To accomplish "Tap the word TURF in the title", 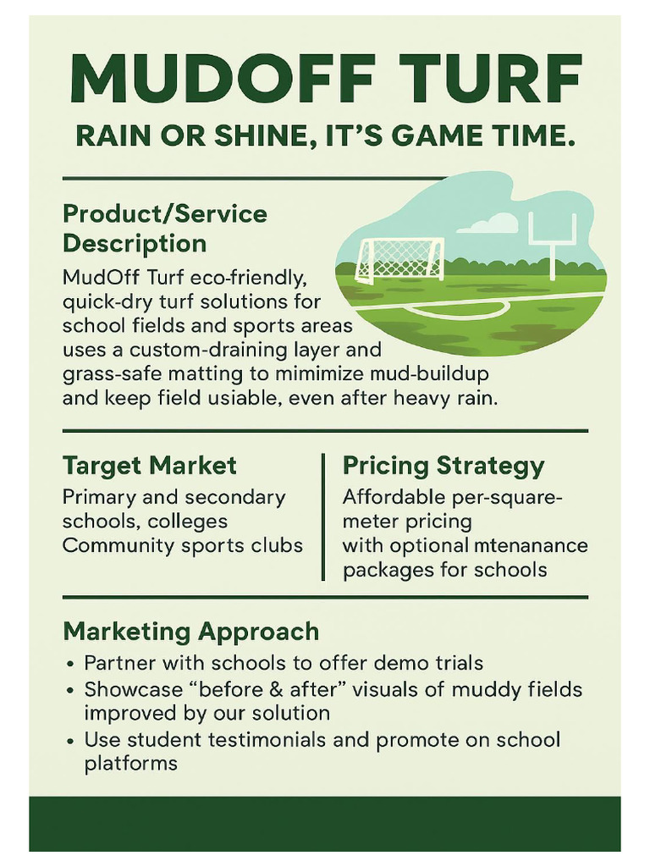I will [x=486, y=79].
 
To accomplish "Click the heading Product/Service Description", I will [x=165, y=229].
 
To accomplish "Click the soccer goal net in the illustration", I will [x=400, y=257].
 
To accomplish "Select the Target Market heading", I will [x=150, y=466].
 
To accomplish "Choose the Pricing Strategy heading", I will [x=443, y=466].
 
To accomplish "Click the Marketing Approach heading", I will [x=191, y=631].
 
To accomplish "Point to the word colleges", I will [x=187, y=521].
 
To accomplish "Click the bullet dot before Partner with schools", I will [x=70, y=664].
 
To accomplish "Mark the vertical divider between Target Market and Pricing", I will [x=323, y=516].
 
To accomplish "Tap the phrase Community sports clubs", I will [x=183, y=544].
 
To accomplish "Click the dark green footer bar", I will [x=325, y=823].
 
